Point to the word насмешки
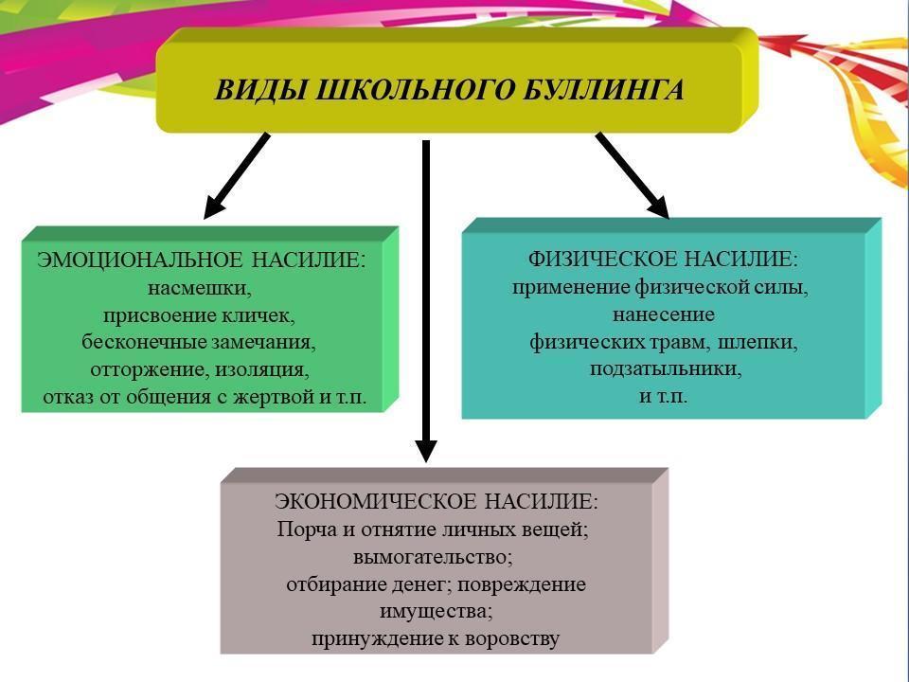200,288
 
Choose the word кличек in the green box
258,315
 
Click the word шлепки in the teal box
757,342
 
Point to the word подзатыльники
666,369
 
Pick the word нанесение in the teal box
664,314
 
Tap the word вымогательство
433,557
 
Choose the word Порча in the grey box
306,529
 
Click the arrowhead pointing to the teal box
657,206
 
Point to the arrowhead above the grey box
426,450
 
